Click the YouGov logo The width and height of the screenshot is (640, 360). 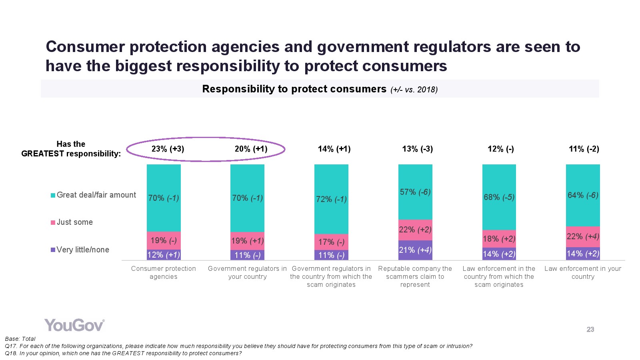click(74, 325)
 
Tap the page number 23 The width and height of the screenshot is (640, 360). click(590, 330)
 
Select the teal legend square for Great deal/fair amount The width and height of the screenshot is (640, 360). click(53, 195)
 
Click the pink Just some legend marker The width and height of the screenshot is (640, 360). click(53, 222)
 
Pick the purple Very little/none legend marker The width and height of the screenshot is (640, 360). click(53, 250)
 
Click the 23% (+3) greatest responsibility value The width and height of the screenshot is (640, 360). click(168, 149)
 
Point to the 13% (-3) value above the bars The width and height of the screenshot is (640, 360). click(417, 149)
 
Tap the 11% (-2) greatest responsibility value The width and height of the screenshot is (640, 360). click(584, 149)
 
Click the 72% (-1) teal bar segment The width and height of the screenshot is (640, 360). click(331, 199)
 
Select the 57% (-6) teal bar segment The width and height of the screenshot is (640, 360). click(415, 192)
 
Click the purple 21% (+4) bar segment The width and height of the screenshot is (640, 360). click(415, 250)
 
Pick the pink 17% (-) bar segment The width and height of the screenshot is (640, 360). click(331, 242)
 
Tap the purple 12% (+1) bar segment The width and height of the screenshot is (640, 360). click(164, 255)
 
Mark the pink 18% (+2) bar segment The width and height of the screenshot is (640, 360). click(499, 239)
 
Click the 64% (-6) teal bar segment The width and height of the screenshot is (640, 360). click(583, 195)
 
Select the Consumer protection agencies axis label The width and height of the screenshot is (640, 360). click(164, 272)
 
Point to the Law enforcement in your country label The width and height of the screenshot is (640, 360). click(583, 272)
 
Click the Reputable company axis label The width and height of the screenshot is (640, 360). click(415, 276)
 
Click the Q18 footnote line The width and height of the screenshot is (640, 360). click(123, 354)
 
